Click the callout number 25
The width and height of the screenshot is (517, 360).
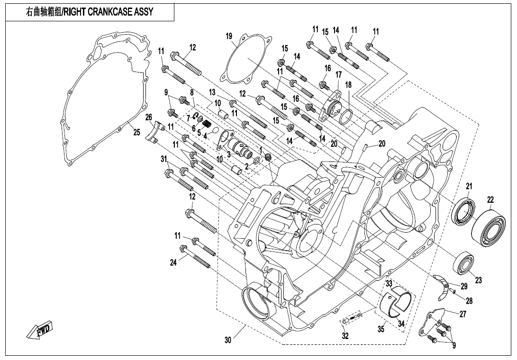(x=136, y=132)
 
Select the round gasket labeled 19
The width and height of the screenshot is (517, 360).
(x=245, y=59)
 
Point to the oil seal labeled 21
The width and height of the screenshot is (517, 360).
(x=465, y=212)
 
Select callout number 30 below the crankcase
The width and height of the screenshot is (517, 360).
(x=228, y=340)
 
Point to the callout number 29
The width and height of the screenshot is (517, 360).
(x=463, y=286)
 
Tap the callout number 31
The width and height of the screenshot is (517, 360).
(x=164, y=158)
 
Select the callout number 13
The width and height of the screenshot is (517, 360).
(x=212, y=91)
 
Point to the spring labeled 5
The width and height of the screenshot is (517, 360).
(x=206, y=126)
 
